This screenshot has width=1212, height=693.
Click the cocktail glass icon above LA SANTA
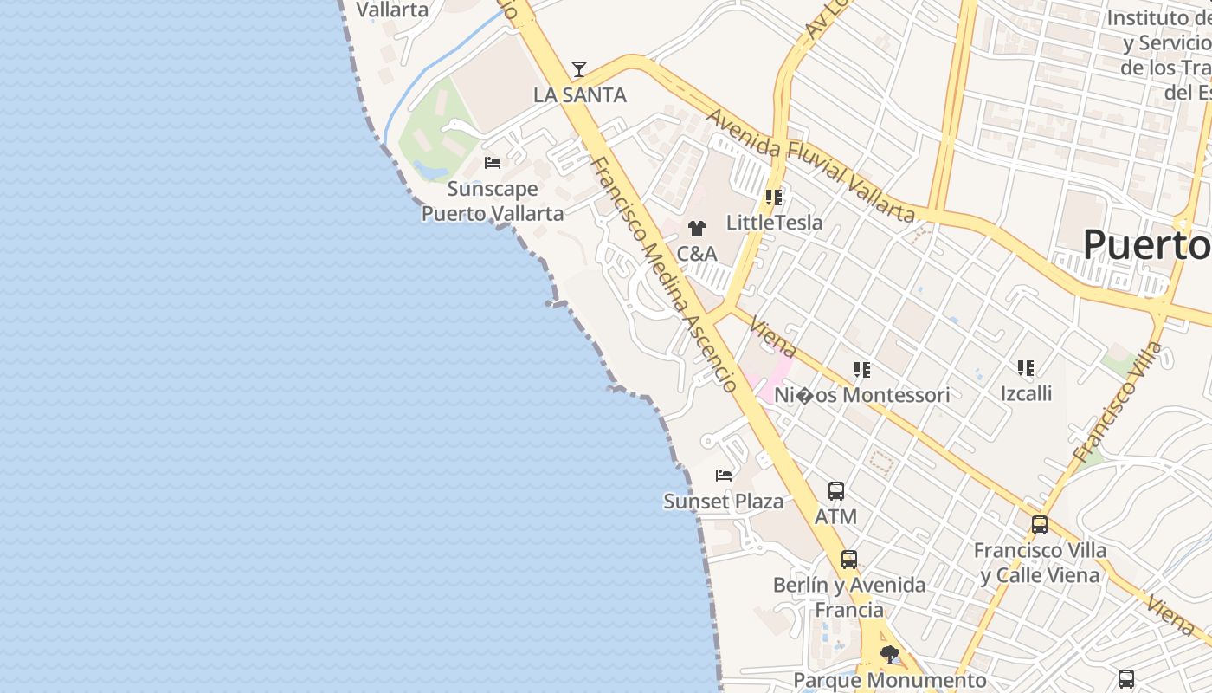tap(579, 70)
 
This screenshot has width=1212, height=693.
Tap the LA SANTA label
tap(579, 95)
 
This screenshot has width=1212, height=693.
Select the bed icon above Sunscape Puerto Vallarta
tap(493, 163)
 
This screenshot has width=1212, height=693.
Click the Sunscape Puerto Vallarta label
tap(493, 201)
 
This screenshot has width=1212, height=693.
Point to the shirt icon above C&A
tap(696, 230)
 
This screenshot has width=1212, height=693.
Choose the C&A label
tap(696, 254)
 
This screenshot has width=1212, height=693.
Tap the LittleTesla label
tap(774, 223)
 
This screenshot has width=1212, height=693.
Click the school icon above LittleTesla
tap(774, 198)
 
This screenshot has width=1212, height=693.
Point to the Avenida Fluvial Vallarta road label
tap(810, 165)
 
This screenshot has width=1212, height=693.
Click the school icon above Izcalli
tap(1026, 369)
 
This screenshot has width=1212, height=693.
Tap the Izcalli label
tap(1026, 394)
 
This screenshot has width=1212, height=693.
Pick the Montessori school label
tap(861, 395)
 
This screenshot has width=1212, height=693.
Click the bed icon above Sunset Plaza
tap(724, 476)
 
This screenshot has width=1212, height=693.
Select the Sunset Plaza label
tap(724, 502)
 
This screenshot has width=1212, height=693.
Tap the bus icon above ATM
tap(836, 491)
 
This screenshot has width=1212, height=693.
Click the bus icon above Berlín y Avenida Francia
tap(849, 560)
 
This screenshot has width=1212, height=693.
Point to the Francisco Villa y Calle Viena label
tap(1040, 562)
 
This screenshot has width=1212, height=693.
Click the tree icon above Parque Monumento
tap(889, 655)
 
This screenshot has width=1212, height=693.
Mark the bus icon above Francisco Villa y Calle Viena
tap(1040, 525)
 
